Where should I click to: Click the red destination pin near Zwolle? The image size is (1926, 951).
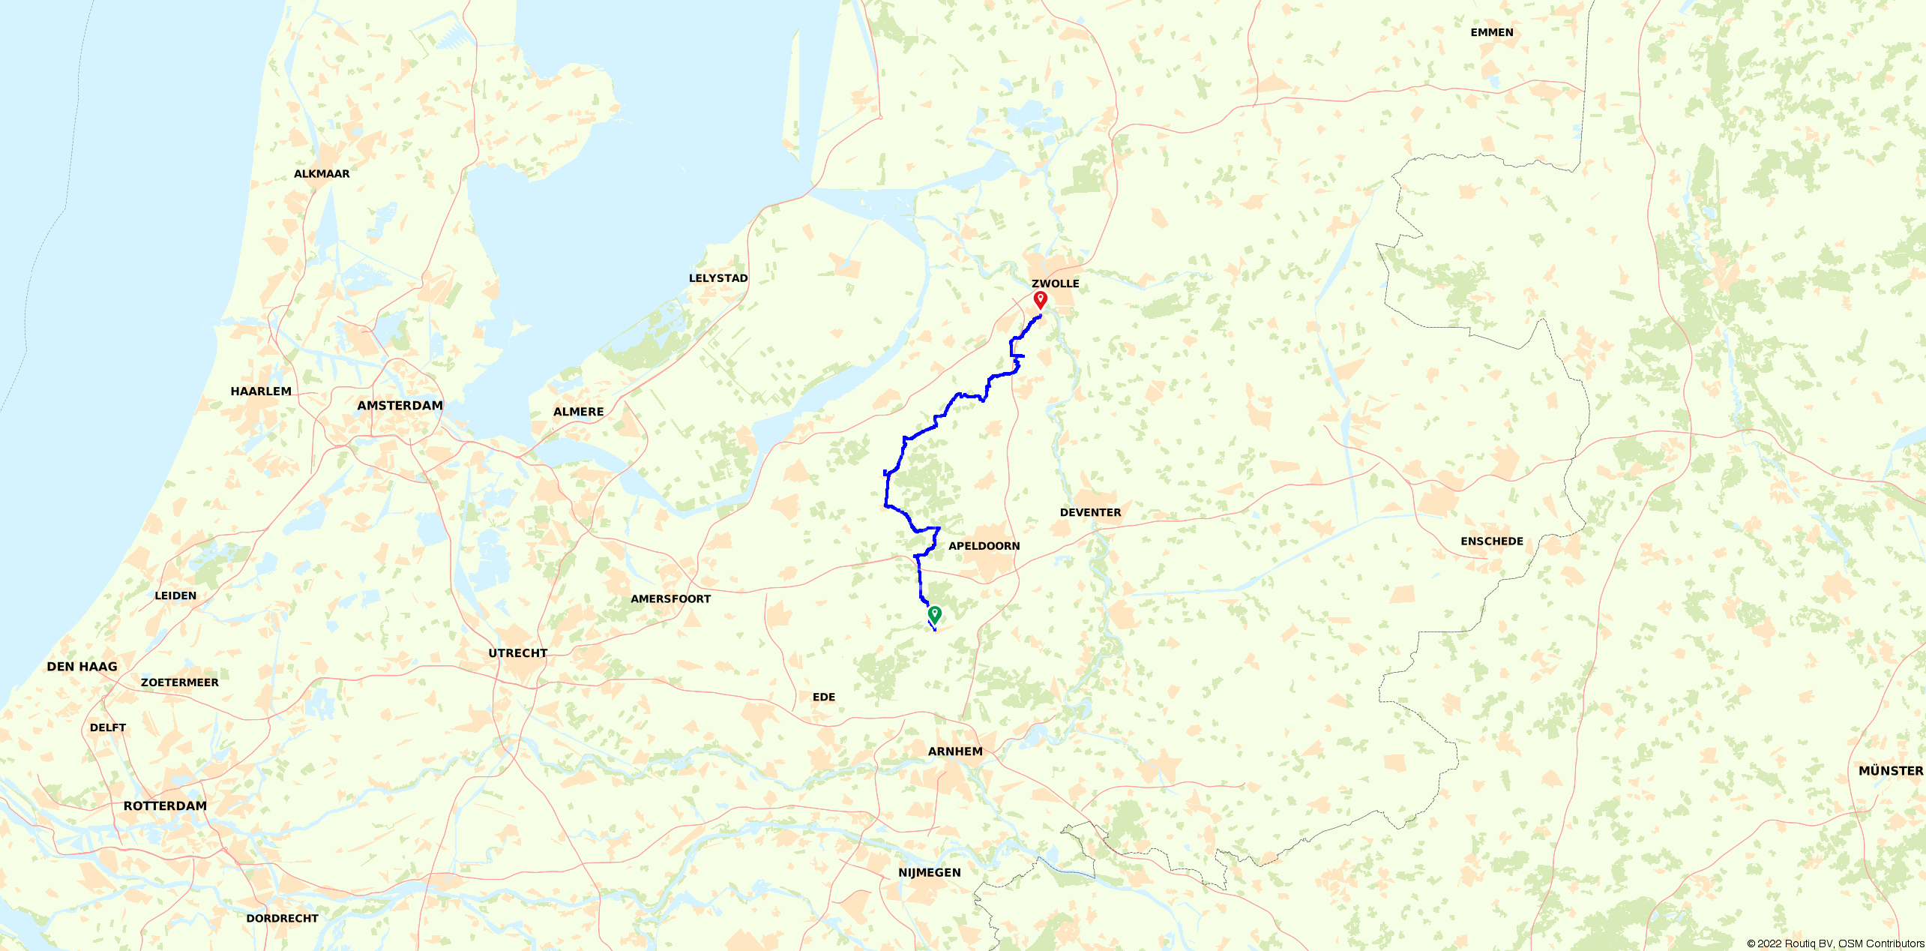(1040, 300)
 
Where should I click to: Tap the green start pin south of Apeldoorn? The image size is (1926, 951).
(934, 614)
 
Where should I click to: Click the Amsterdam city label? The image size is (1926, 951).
(400, 406)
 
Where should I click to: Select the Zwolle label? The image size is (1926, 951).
(1055, 283)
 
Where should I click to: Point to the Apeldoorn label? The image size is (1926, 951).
(984, 546)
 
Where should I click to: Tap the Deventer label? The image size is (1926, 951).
(1090, 512)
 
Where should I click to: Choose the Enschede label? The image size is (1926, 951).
(1491, 541)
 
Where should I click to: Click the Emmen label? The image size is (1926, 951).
(1491, 32)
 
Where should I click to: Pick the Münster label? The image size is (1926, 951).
(1890, 771)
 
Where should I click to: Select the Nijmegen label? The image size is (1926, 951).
(929, 872)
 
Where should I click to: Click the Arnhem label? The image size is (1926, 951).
(954, 751)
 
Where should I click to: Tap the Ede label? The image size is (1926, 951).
(823, 697)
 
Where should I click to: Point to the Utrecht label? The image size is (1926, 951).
(517, 653)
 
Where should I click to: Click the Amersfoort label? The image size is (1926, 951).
(670, 598)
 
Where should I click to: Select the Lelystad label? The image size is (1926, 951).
(717, 278)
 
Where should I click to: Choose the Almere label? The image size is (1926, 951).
(578, 412)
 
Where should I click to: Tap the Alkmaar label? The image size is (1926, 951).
(322, 174)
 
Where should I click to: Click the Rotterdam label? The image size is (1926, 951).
(165, 806)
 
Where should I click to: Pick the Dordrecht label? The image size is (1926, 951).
(282, 918)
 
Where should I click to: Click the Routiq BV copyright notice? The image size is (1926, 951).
(1835, 943)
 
